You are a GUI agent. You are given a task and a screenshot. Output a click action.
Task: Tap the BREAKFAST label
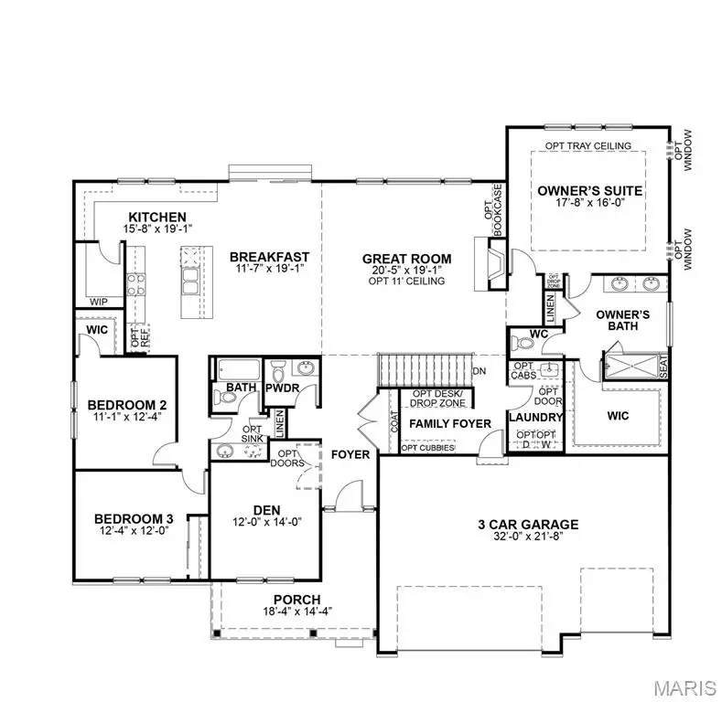[269, 257]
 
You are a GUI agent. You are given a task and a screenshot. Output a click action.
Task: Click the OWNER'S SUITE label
[589, 191]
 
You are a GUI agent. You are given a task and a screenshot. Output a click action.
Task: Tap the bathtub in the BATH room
[239, 372]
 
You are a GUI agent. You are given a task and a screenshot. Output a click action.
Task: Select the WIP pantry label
[99, 301]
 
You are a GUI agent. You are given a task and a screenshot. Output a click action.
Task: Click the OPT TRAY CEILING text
[588, 146]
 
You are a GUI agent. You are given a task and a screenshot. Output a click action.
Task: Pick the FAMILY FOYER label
[449, 423]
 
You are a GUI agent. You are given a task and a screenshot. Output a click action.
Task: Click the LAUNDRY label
[536, 417]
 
